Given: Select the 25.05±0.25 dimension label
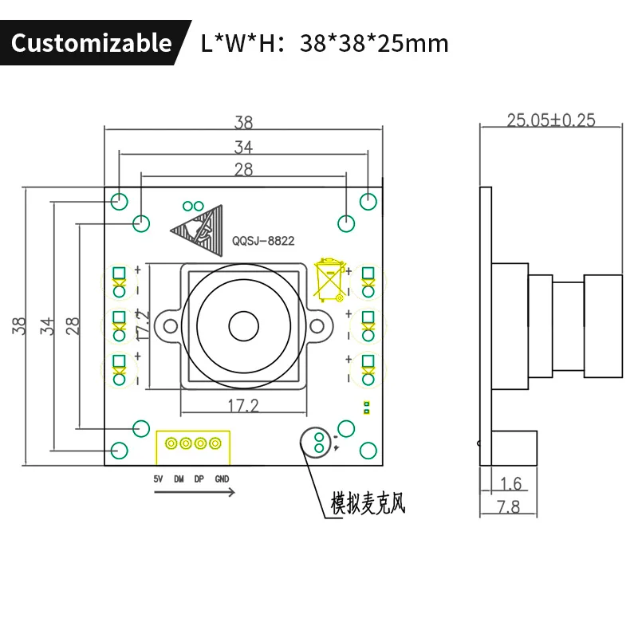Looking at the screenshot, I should [x=551, y=120].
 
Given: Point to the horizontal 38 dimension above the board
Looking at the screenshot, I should [x=243, y=123].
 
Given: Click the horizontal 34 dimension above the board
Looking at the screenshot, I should [x=243, y=147].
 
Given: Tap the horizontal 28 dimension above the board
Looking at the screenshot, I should [x=243, y=169].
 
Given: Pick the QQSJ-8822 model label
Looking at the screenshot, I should [x=263, y=239].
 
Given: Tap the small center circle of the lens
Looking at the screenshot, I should [x=243, y=325].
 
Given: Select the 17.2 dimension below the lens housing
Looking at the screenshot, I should [x=243, y=405].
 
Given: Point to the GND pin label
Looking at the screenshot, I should [x=222, y=479].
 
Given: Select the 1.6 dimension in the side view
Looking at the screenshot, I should [x=511, y=482].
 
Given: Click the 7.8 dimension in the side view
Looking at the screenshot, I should [x=508, y=506].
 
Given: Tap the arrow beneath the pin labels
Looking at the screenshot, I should [x=194, y=493].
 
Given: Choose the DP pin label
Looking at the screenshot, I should [x=199, y=479].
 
